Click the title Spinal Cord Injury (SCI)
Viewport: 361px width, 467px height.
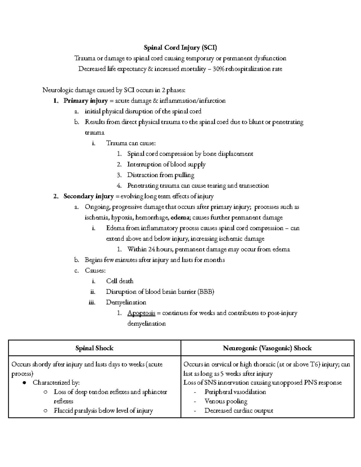point(180,48)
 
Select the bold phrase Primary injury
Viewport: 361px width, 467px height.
point(85,101)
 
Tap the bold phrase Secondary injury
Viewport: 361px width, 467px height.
point(88,196)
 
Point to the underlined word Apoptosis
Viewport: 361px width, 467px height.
point(141,313)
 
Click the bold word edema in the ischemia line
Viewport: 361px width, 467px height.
point(180,218)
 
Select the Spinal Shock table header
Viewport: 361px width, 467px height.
point(94,348)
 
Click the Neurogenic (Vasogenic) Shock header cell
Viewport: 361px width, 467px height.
point(267,348)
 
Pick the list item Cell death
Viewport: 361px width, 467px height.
point(119,281)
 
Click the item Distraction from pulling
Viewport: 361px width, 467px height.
point(160,175)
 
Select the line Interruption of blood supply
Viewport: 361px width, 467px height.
point(166,164)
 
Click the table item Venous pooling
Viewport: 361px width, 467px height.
point(226,401)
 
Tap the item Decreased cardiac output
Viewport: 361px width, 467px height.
point(239,410)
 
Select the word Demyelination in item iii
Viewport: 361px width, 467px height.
point(126,302)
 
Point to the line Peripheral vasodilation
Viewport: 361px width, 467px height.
point(235,392)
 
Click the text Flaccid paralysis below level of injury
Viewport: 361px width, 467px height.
point(103,410)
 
